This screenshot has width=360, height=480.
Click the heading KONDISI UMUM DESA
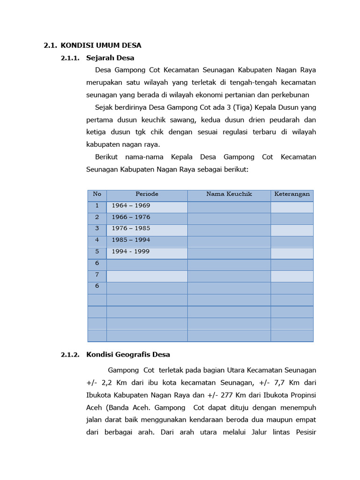click(101, 45)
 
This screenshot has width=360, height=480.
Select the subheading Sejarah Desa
click(110, 58)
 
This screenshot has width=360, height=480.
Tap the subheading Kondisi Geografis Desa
click(128, 354)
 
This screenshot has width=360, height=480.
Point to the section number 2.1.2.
click(70, 354)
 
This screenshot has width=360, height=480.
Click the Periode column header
click(147, 194)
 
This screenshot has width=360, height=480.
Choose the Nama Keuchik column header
click(229, 194)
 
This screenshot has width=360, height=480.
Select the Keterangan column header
click(292, 194)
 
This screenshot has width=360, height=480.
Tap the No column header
click(97, 194)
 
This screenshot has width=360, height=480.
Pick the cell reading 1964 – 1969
click(131, 206)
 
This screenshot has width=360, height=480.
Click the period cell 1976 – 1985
click(131, 229)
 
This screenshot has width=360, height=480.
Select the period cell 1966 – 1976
click(131, 217)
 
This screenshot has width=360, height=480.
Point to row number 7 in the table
click(97, 275)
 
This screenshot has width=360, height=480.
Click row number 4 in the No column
click(97, 240)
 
